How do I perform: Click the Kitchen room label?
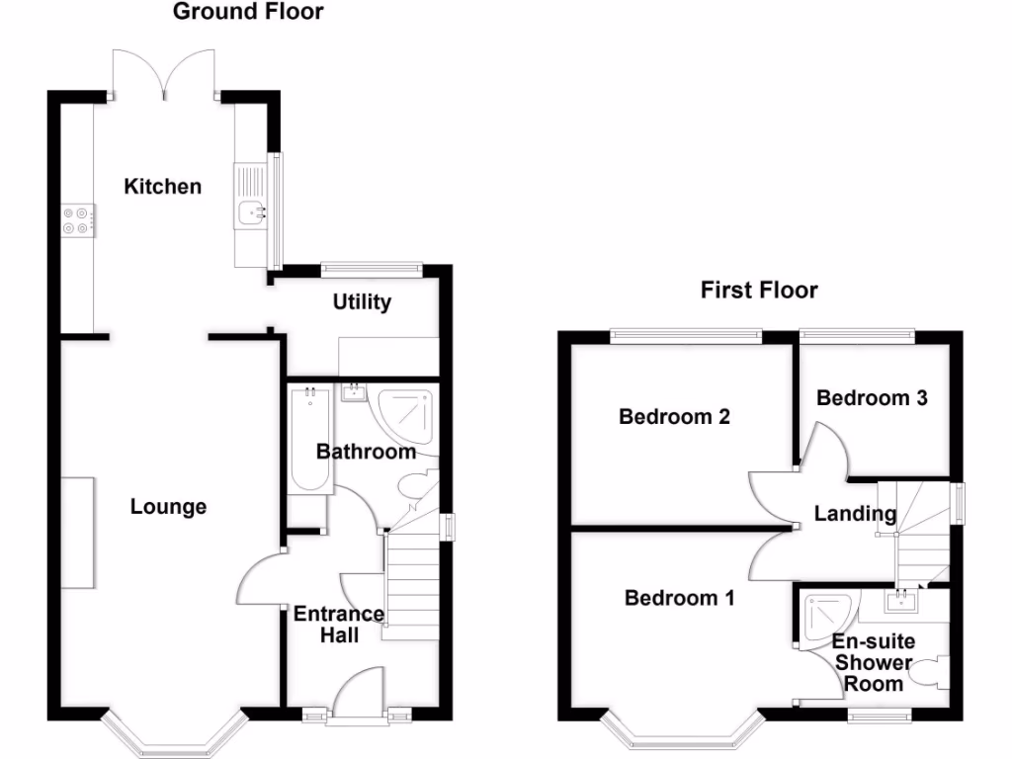[162, 186]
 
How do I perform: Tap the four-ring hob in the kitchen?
[77, 219]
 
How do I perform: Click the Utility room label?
[362, 301]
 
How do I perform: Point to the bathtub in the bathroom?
[311, 440]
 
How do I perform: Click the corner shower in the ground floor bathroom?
[405, 415]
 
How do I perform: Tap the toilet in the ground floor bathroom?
[415, 487]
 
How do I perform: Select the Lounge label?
[169, 507]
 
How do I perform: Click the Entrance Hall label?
[339, 625]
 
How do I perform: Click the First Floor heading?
[759, 290]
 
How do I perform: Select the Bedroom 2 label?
[674, 416]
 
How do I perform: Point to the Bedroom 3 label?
[872, 397]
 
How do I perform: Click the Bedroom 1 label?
[680, 598]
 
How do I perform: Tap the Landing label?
[855, 513]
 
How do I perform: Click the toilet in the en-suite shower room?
[927, 675]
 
